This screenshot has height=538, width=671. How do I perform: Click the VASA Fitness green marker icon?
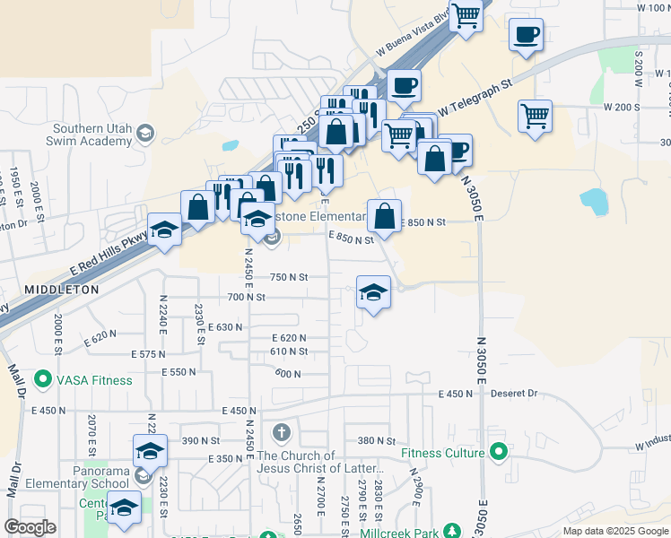pyautogui.click(x=42, y=380)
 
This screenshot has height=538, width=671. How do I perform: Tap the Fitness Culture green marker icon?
pyautogui.click(x=499, y=453)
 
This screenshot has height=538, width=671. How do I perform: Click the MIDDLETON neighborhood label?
pyautogui.click(x=61, y=291)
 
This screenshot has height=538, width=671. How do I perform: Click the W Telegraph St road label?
pyautogui.click(x=474, y=98)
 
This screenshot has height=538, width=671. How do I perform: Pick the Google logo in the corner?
pyautogui.click(x=30, y=526)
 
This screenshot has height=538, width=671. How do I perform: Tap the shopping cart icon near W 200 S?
pyautogui.click(x=535, y=115)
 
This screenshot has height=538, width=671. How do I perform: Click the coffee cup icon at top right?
pyautogui.click(x=526, y=35)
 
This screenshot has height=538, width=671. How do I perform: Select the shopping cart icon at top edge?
pyautogui.click(x=466, y=16)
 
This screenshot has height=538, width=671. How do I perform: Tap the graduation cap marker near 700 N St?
pyautogui.click(x=374, y=292)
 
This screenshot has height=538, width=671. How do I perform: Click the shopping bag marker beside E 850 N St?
pyautogui.click(x=384, y=216)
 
